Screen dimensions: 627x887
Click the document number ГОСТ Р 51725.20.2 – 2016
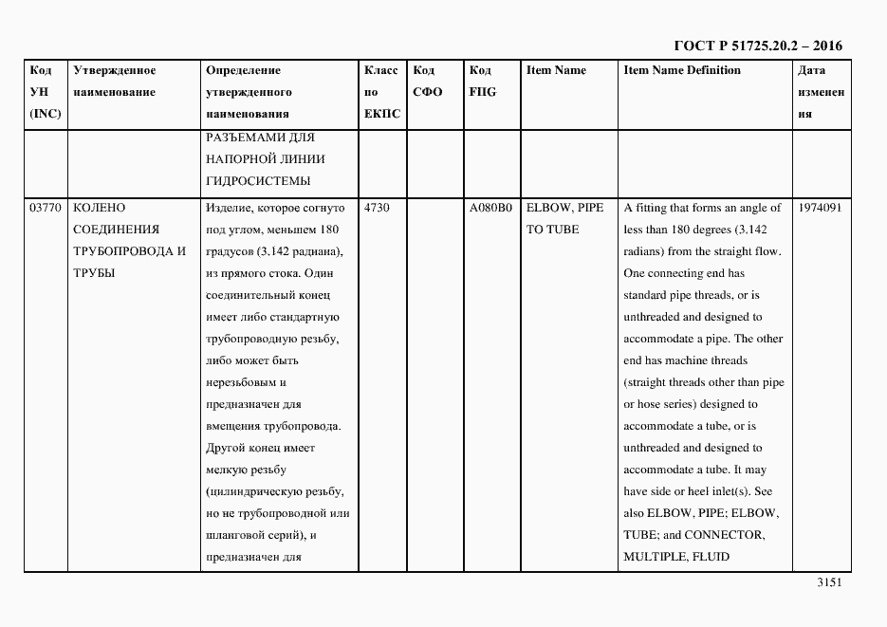tap(757, 46)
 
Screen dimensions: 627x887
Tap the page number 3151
tap(829, 583)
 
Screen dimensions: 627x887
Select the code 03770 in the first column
tap(45, 208)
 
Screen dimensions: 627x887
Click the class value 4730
tap(377, 208)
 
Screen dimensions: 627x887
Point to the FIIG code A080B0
tap(490, 208)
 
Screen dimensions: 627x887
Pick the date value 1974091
tap(820, 208)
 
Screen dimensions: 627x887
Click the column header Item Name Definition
tap(682, 70)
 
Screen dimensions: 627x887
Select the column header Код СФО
tap(428, 82)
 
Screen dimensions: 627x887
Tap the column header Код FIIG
tap(483, 82)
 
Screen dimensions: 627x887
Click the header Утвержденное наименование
tap(115, 82)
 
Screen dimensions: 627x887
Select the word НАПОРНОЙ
tap(241, 159)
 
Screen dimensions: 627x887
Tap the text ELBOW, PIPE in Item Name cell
tap(564, 208)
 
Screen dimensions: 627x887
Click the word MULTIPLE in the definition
tap(652, 557)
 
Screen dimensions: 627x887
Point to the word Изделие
tap(227, 208)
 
